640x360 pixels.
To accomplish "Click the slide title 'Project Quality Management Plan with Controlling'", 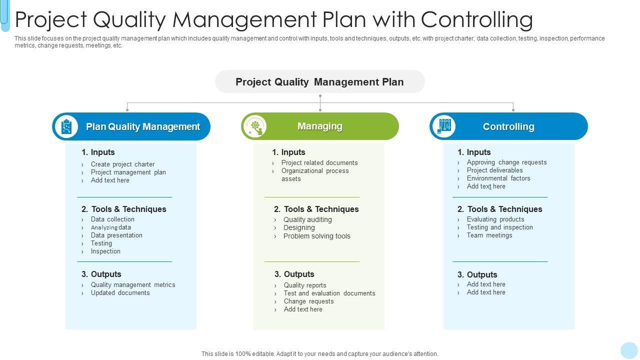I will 273,19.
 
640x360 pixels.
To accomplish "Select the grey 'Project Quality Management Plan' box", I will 319,82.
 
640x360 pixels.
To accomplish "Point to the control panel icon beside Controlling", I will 444,126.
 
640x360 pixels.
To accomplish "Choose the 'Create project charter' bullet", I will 122,164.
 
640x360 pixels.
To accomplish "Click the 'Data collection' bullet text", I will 112,219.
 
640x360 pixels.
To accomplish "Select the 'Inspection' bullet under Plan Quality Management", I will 105,251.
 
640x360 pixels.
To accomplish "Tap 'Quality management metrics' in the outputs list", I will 133,285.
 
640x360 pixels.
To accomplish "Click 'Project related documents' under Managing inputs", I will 319,163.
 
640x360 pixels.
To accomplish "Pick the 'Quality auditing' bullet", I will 307,219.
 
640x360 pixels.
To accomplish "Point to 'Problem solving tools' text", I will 316,236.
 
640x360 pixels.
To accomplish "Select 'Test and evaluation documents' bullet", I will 329,293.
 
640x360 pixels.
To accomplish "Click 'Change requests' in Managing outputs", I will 308,301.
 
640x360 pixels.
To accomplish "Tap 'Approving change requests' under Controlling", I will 506,162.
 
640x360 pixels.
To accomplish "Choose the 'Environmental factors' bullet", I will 498,178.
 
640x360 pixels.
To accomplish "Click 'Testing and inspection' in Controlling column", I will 499,227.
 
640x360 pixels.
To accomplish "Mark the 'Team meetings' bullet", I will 489,235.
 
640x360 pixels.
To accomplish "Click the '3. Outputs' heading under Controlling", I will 477,274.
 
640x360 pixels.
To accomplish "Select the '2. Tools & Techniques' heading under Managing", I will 316,209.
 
